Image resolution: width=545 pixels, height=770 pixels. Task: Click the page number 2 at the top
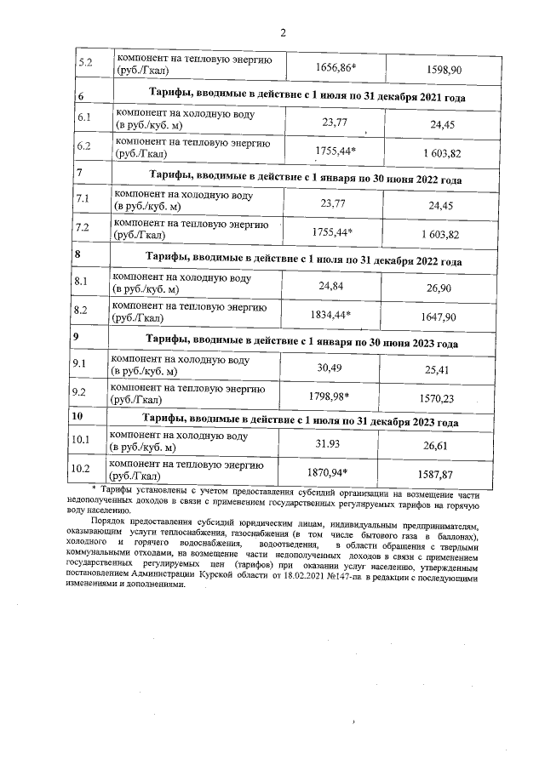click(283, 33)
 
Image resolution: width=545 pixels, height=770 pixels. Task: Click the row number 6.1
click(83, 118)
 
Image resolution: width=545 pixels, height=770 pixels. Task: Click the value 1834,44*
click(328, 313)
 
